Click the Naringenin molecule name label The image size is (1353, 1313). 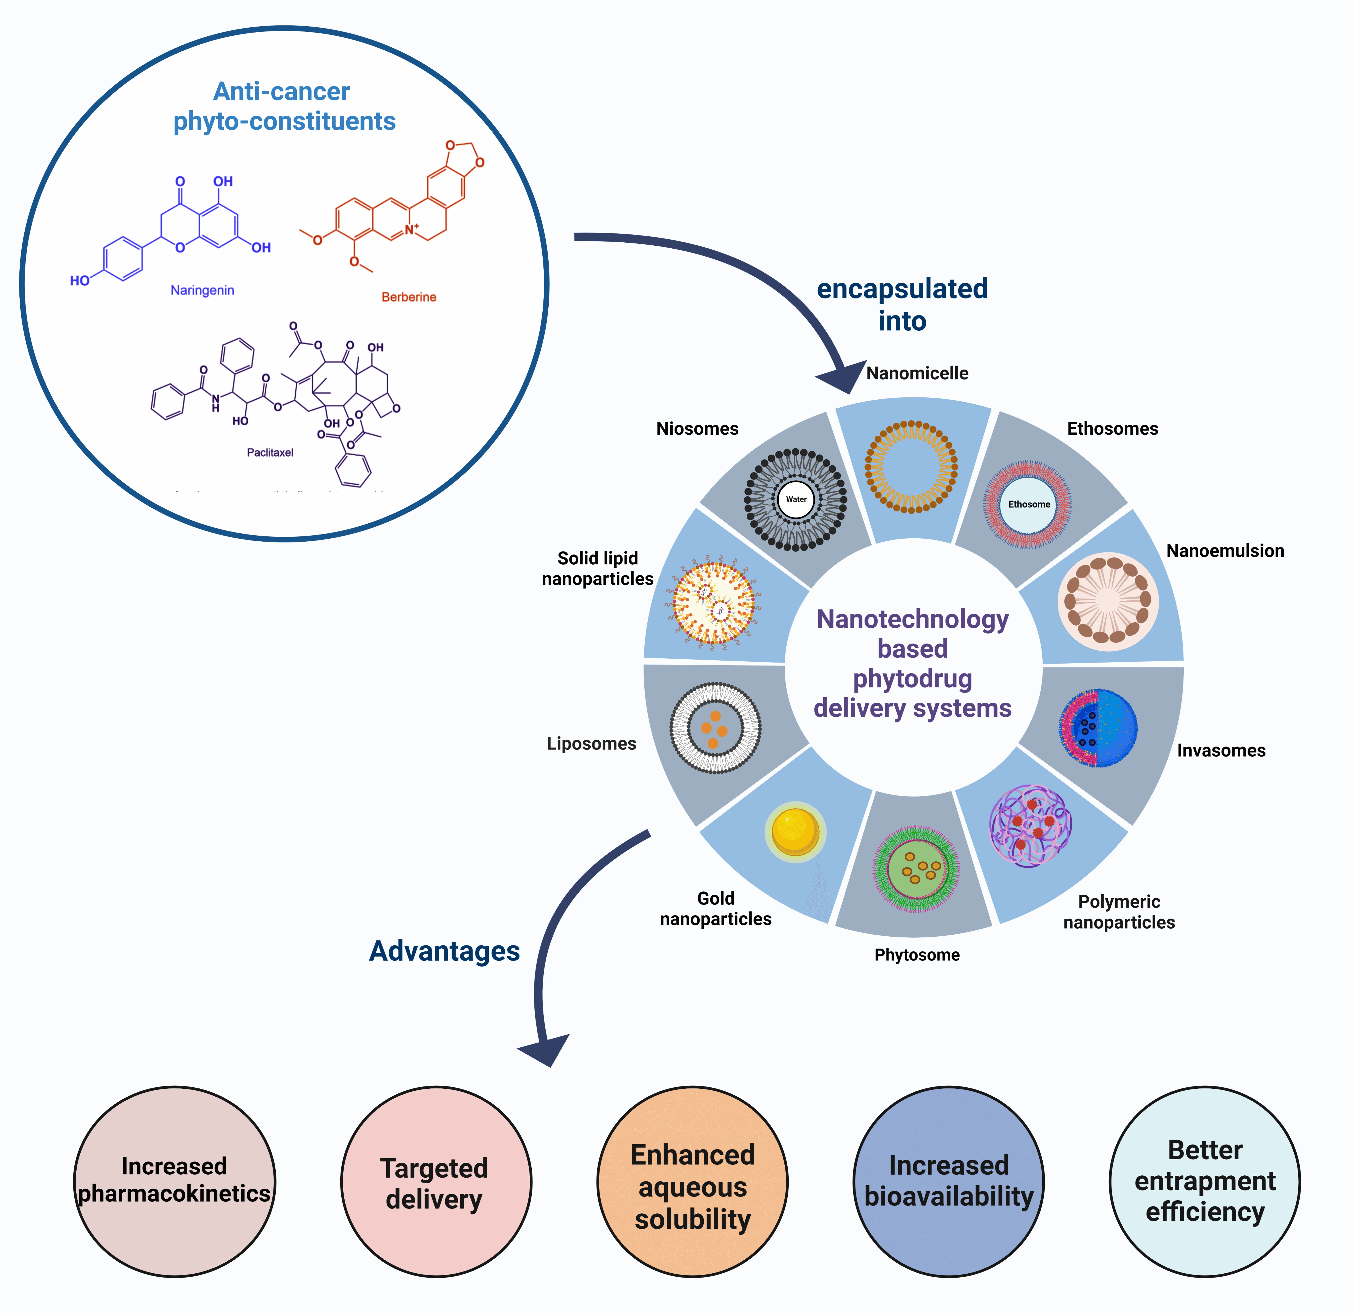202,291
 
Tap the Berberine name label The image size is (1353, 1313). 409,298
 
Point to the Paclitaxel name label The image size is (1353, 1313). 270,453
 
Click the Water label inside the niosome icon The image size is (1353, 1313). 796,499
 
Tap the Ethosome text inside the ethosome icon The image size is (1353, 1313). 1029,505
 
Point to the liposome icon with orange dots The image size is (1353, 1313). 715,728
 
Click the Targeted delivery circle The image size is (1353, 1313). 436,1183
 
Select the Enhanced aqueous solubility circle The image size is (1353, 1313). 692,1183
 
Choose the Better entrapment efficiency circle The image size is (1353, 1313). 1204,1183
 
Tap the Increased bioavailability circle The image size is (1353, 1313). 948,1183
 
